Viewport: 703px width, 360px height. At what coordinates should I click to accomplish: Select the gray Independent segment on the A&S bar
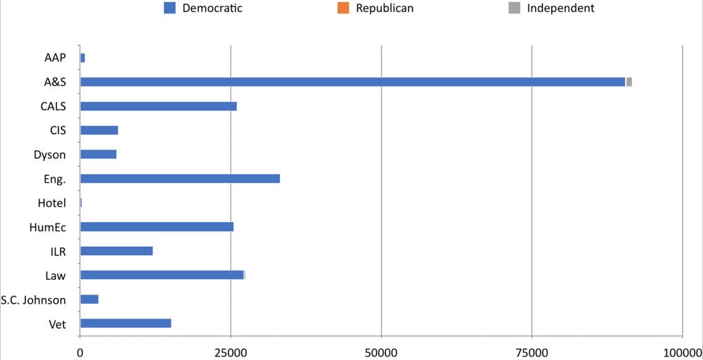tap(629, 82)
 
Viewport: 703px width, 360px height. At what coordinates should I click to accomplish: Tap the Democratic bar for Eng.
tap(180, 179)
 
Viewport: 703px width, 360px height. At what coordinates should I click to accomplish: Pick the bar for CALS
tap(158, 106)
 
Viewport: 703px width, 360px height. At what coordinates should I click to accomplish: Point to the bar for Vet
tap(126, 323)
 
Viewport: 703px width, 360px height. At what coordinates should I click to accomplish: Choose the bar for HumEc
tap(157, 226)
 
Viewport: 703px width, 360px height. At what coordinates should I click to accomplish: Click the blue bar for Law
tap(162, 275)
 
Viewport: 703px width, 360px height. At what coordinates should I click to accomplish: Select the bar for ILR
tap(117, 251)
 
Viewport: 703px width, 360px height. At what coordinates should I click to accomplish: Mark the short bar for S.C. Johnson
tap(89, 300)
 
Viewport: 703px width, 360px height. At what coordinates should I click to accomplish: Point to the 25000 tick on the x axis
tap(231, 351)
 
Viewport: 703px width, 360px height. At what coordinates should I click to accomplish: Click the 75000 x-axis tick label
tap(531, 351)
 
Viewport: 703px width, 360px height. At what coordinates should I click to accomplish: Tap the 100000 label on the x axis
tap(682, 351)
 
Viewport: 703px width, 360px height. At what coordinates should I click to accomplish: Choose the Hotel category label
tap(52, 203)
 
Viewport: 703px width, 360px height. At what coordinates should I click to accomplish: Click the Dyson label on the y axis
tap(50, 155)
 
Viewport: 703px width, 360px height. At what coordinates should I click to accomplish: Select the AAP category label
tap(54, 58)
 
